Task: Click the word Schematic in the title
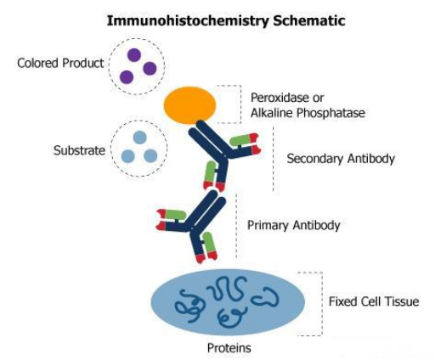click(x=309, y=20)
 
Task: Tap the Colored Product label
click(x=60, y=63)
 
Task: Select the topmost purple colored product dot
click(x=134, y=55)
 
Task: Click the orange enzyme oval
click(x=190, y=105)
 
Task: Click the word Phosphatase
click(x=331, y=113)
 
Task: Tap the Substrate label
click(x=79, y=150)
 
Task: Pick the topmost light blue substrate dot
click(x=139, y=138)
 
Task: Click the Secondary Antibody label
click(x=341, y=159)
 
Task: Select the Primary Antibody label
click(x=293, y=226)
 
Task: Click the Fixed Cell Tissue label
click(x=374, y=301)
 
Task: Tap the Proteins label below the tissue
click(x=229, y=348)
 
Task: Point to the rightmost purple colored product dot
click(x=150, y=69)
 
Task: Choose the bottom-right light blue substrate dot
click(x=150, y=156)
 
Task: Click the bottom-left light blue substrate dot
click(x=127, y=156)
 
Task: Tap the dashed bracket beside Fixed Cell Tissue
click(x=322, y=304)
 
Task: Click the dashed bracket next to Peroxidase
click(x=240, y=104)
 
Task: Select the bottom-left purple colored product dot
click(x=127, y=77)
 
